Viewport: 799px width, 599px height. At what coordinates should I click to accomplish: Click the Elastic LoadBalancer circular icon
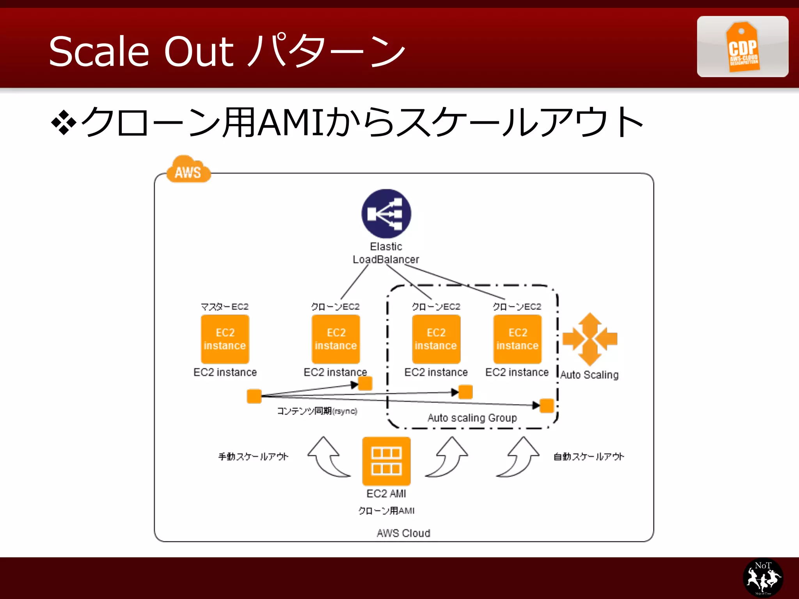(386, 214)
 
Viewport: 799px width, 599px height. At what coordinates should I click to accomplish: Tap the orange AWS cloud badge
(188, 170)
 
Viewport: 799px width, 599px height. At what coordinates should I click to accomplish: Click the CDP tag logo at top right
(742, 47)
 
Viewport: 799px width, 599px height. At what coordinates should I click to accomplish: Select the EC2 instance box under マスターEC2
(225, 339)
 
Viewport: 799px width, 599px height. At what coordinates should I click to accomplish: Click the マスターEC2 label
(224, 307)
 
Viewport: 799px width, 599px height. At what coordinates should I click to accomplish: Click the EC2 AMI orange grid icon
(386, 461)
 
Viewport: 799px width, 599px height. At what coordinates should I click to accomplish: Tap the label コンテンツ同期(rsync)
(317, 411)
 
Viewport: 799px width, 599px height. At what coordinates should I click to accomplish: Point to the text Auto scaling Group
(472, 418)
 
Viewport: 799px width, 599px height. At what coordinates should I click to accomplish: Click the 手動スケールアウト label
(253, 456)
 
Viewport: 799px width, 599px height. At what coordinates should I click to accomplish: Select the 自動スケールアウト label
(588, 456)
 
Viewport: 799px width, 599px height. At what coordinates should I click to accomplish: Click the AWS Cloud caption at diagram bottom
(403, 533)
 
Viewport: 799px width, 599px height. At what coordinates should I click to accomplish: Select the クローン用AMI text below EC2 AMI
(386, 510)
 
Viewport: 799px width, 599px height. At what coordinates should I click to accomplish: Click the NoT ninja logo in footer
(763, 578)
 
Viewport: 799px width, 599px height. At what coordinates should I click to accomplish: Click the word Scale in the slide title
(99, 51)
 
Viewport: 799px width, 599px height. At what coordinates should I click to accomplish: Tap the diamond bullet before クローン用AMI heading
(63, 123)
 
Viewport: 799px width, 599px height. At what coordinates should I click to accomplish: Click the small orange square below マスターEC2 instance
(254, 396)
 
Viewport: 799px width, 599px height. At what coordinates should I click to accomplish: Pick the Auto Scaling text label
(589, 375)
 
